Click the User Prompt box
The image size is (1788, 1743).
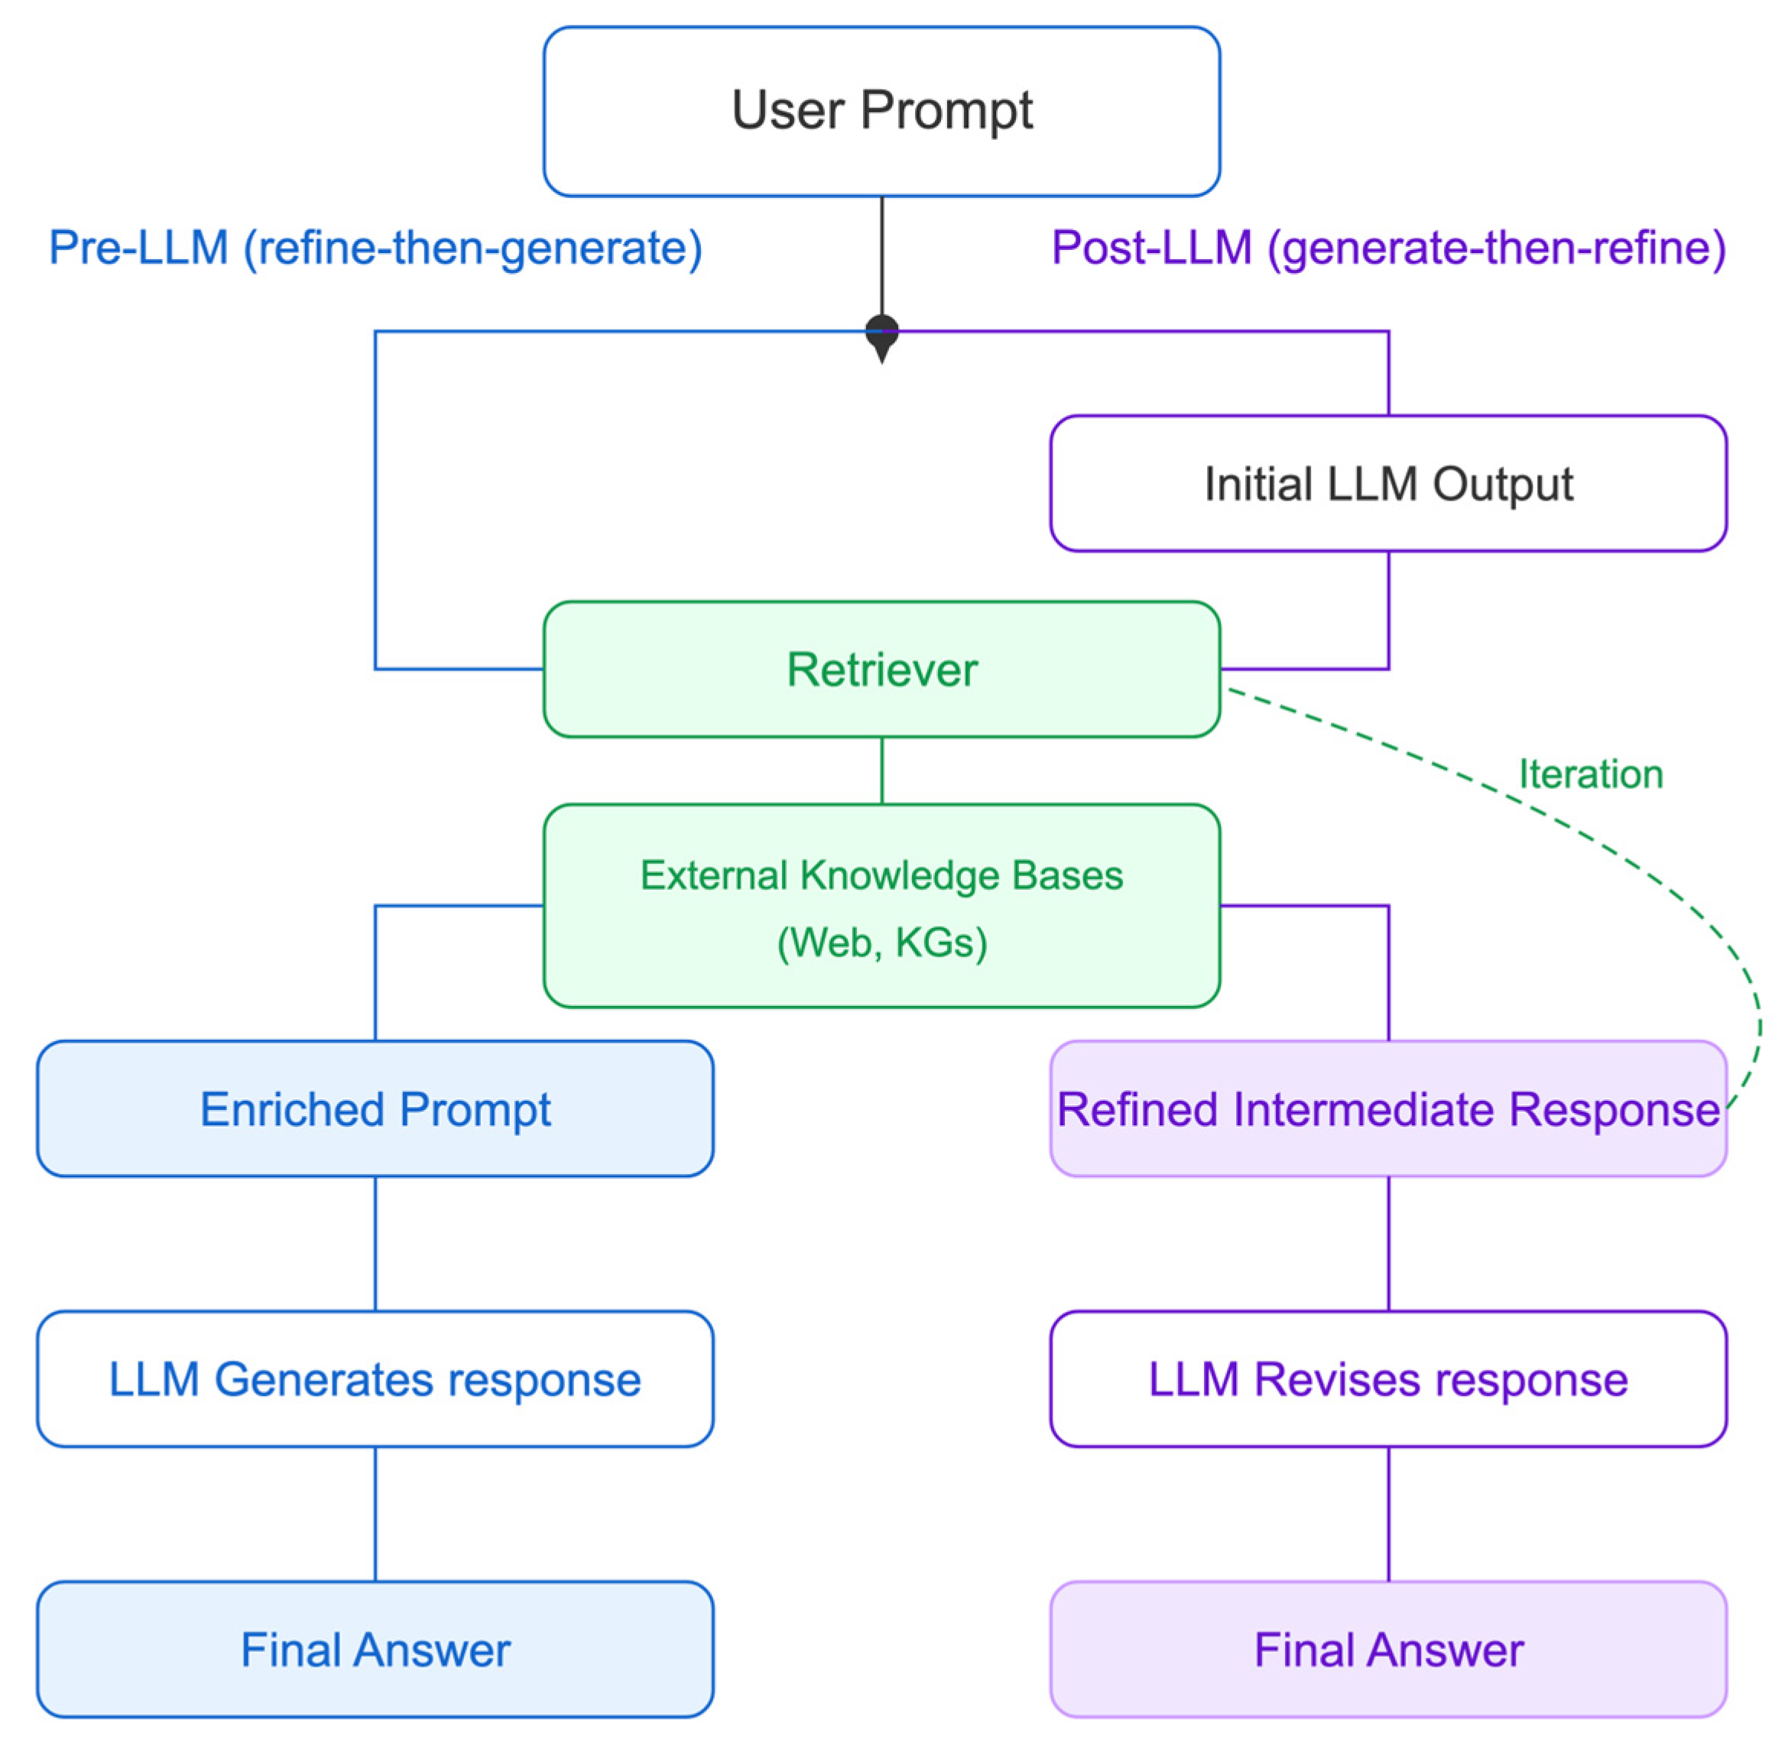tap(881, 111)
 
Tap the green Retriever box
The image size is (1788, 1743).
tap(881, 669)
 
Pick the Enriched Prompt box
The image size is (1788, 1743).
tap(375, 1108)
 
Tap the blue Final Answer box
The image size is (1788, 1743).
tap(375, 1650)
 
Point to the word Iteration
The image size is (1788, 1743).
tap(1590, 774)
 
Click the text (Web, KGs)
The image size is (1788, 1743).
tap(881, 942)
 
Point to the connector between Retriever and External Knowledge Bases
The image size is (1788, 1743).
tap(881, 770)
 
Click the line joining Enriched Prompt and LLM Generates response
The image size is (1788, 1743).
tap(375, 1243)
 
